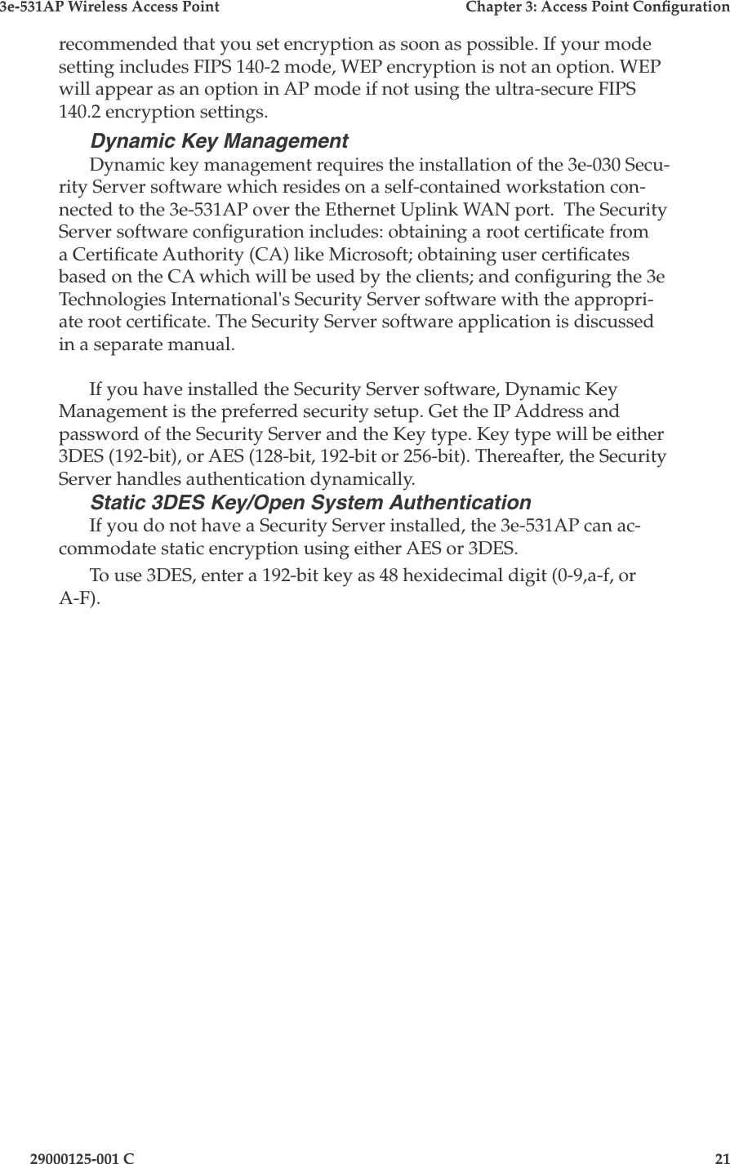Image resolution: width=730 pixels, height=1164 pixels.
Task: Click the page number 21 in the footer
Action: click(x=719, y=1157)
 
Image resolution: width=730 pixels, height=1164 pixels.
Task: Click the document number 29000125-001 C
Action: click(x=82, y=1157)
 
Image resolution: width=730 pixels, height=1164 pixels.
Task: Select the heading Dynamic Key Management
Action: click(x=219, y=141)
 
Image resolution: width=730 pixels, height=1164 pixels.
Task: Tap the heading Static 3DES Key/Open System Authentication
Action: click(x=310, y=502)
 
